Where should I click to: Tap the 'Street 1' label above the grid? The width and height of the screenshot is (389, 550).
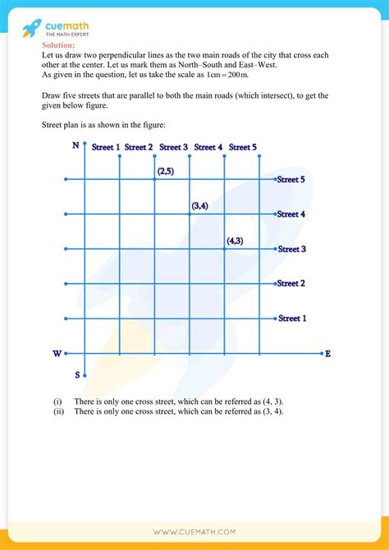106,147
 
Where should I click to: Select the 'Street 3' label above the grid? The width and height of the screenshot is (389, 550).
174,147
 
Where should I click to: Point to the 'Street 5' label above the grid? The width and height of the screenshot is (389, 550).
243,147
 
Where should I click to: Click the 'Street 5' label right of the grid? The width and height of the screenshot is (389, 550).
291,179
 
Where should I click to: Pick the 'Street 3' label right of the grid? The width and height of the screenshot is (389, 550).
291,249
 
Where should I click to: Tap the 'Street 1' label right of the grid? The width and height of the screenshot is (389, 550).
291,318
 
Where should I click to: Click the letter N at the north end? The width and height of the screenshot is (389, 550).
76,146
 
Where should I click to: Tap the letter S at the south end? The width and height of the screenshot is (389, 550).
78,374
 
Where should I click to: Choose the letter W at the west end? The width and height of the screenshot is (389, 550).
57,354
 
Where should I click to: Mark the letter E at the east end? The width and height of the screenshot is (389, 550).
327,354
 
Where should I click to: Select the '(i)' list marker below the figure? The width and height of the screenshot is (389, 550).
57,401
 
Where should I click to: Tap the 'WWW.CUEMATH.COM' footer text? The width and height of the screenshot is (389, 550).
194,532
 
